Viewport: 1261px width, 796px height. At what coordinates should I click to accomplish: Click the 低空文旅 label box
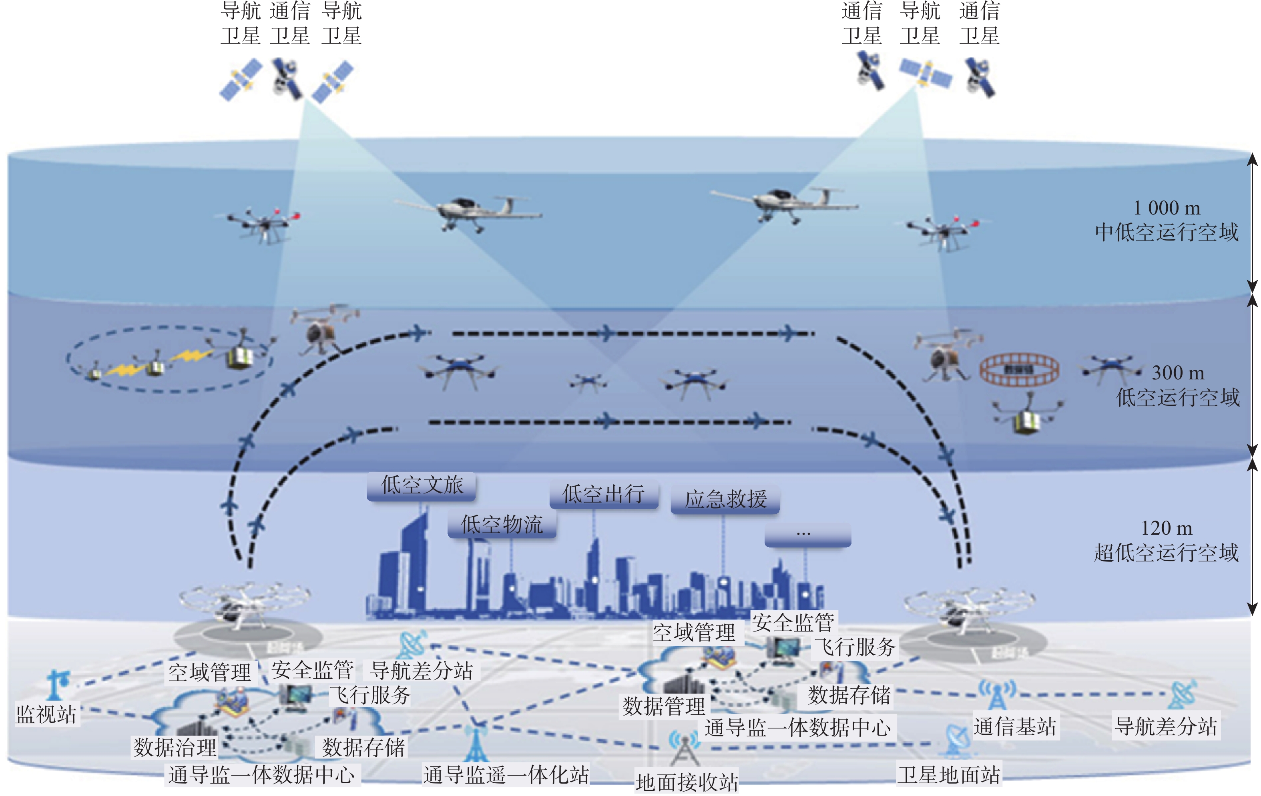coord(422,486)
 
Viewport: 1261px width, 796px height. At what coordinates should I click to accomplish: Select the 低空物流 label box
coord(502,525)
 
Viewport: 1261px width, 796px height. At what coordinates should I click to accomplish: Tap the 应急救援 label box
coord(725,499)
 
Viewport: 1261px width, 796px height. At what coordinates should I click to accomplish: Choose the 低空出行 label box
coord(603,494)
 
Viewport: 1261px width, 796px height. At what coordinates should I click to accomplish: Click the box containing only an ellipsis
coord(807,534)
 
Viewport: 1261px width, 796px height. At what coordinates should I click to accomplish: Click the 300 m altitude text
coord(1178,373)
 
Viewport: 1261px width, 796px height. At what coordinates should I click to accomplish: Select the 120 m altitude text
coord(1167,528)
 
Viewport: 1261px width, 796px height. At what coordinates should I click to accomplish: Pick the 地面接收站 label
coord(687,782)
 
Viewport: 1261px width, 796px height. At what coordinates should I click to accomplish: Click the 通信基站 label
coord(1015,727)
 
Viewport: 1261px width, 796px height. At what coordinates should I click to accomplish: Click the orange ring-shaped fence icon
coord(1019,369)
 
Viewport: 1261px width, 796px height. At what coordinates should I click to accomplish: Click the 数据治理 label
coord(175,747)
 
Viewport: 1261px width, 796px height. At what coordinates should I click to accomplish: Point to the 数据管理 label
coord(663,706)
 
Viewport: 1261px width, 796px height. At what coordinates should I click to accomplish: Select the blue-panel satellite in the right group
coord(925,73)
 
